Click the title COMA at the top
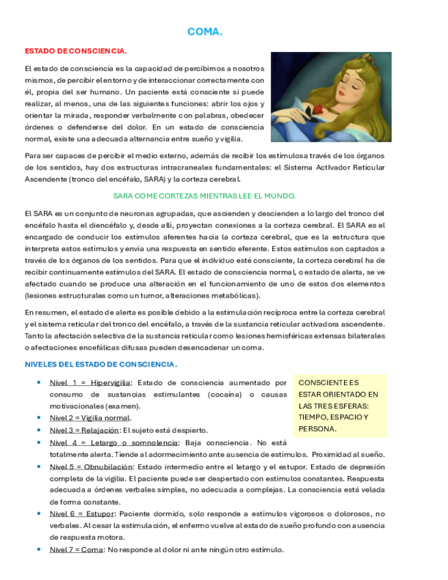205,32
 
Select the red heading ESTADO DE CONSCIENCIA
75,51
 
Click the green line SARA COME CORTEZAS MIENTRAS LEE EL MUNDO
204,195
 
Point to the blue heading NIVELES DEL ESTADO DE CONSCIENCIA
101,365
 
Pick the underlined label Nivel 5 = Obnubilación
91,466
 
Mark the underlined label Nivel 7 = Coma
77,550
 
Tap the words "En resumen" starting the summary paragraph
44,312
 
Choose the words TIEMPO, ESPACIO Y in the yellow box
333,418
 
